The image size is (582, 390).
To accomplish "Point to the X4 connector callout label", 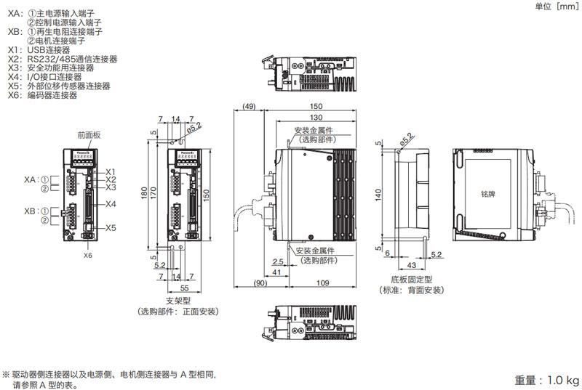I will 111,204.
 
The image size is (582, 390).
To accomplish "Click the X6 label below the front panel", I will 87,255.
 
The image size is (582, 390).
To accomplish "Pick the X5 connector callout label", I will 111,228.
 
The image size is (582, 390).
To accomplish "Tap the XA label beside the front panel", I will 30,179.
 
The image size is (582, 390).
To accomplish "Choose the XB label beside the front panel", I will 30,211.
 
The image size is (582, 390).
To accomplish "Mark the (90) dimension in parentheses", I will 260,283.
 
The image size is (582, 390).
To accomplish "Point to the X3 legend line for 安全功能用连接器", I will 55,68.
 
